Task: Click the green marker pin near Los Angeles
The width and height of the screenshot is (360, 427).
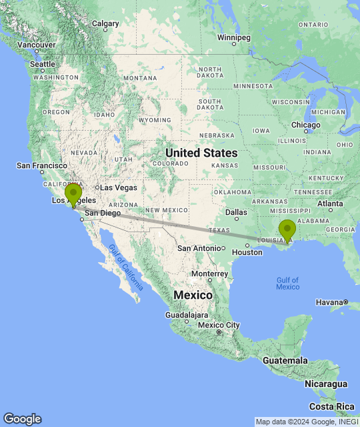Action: pyautogui.click(x=73, y=193)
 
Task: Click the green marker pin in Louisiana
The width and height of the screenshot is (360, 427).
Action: pyautogui.click(x=287, y=230)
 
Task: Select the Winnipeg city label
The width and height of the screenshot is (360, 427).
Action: pyautogui.click(x=233, y=37)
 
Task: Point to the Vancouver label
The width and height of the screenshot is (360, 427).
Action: pyautogui.click(x=37, y=45)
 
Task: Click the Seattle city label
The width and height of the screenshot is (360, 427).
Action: pyautogui.click(x=42, y=64)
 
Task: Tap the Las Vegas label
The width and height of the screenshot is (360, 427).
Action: pyautogui.click(x=118, y=187)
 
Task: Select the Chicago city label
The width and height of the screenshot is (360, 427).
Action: pyautogui.click(x=305, y=125)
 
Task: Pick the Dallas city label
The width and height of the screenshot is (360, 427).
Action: pyautogui.click(x=235, y=212)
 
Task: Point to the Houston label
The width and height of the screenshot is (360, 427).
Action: pyautogui.click(x=247, y=252)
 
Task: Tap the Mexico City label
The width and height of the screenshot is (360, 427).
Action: pyautogui.click(x=219, y=325)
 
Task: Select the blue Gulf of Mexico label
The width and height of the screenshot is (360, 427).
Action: pyautogui.click(x=287, y=283)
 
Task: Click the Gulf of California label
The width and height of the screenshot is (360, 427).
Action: pyautogui.click(x=125, y=268)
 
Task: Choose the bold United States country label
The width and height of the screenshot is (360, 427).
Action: pyautogui.click(x=200, y=153)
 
